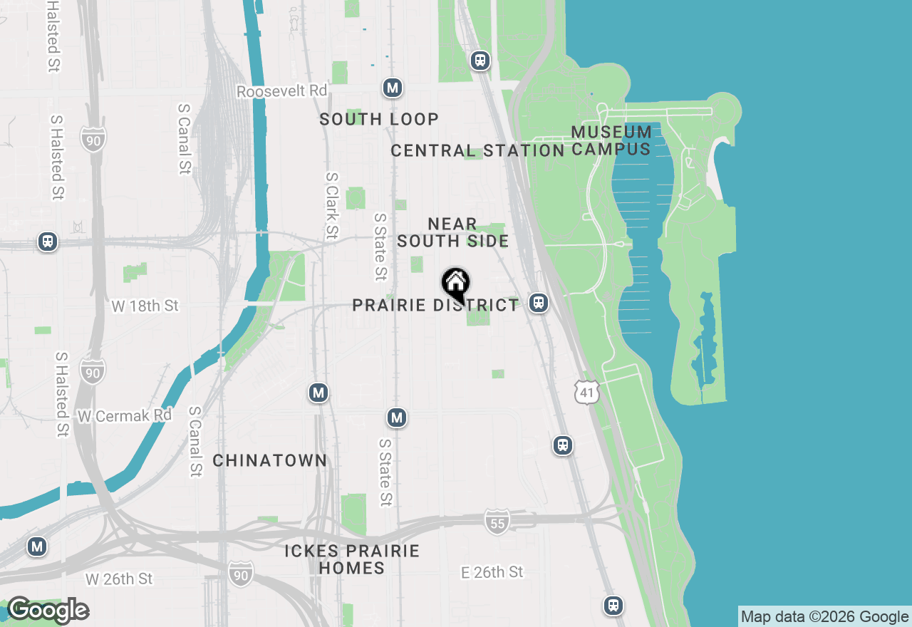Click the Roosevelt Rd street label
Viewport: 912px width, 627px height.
[x=281, y=91]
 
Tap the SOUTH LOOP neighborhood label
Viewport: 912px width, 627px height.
[x=379, y=119]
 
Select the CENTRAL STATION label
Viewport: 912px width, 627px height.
[x=477, y=150]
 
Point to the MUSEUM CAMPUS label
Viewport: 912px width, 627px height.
[x=611, y=140]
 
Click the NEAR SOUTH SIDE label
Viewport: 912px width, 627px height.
[x=453, y=232]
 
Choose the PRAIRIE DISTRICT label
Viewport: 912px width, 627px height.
[x=435, y=305]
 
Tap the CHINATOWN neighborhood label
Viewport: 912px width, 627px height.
[x=270, y=460]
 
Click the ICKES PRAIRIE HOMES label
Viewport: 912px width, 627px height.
[x=352, y=559]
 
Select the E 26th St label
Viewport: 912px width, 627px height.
[x=492, y=572]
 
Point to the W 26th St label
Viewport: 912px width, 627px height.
[x=119, y=579]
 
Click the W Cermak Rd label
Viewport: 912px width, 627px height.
[x=125, y=415]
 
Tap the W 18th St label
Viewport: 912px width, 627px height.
[x=145, y=306]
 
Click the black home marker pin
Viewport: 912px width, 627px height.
[x=455, y=284]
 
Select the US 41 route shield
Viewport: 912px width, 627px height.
[x=587, y=392]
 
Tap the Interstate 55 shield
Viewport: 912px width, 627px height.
[x=497, y=522]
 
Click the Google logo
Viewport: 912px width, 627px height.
[x=48, y=610]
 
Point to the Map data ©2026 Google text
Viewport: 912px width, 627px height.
[x=824, y=617]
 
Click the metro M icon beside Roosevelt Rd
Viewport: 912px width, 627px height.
[x=392, y=88]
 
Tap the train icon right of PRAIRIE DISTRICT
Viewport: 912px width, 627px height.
[x=539, y=303]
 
